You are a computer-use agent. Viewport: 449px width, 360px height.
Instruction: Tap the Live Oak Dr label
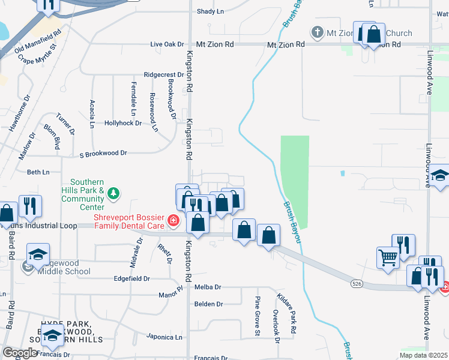pos(166,44)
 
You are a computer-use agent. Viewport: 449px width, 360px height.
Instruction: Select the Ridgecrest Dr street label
pos(163,75)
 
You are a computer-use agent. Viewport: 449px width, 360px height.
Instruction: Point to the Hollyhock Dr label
pos(122,123)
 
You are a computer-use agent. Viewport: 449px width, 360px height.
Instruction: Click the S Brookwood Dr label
pos(103,153)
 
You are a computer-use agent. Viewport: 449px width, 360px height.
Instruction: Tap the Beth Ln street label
pos(38,172)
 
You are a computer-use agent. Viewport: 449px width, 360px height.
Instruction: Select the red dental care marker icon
pos(173,221)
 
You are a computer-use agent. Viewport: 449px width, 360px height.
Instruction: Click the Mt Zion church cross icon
pos(317,32)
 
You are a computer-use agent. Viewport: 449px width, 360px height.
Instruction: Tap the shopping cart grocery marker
pos(388,257)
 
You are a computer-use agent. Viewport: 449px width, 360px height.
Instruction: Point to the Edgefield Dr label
pos(131,279)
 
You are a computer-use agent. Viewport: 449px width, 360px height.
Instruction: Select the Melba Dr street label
pos(208,288)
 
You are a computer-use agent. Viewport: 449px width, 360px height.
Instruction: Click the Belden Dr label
pos(209,304)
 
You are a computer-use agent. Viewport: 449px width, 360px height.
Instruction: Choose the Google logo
pos(20,353)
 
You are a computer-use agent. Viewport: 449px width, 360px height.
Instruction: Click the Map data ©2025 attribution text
pos(423,355)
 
